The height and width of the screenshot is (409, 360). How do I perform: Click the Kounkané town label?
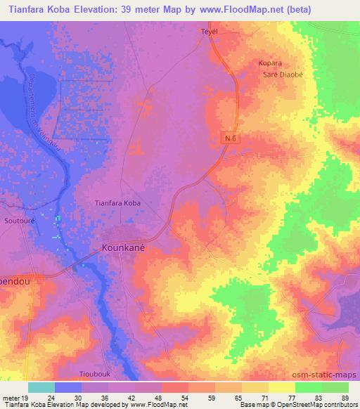[x=127, y=248]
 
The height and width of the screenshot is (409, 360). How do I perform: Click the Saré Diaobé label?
[x=278, y=75]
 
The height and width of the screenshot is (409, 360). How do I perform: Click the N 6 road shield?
[x=233, y=138]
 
